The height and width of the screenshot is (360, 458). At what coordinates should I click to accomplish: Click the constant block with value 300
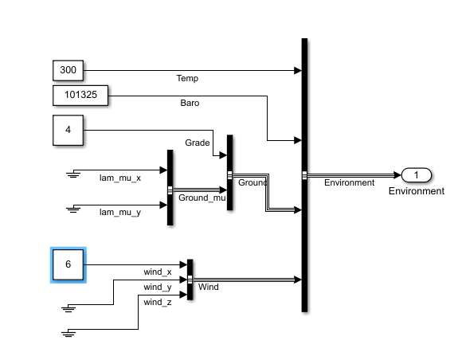[68, 70]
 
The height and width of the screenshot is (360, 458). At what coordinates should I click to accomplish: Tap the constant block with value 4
[68, 131]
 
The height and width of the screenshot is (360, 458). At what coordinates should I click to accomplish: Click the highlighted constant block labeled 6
[68, 265]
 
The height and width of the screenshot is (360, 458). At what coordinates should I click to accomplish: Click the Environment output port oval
[416, 175]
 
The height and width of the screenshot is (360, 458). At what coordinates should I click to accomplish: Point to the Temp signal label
[187, 79]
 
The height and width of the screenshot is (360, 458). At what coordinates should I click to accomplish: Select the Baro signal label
[190, 104]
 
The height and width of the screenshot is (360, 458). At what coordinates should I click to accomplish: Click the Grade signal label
[198, 143]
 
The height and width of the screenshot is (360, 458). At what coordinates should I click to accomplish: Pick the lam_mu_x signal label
[120, 178]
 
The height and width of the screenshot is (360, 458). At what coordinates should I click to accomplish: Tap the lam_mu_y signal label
[120, 213]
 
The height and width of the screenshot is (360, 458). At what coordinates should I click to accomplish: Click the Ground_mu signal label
[202, 197]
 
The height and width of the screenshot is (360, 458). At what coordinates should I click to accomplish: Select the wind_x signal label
[158, 272]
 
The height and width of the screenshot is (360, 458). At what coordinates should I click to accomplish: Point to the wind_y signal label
[158, 287]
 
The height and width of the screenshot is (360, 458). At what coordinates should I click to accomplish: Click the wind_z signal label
[158, 302]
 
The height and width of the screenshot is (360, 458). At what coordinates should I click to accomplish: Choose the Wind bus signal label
[208, 287]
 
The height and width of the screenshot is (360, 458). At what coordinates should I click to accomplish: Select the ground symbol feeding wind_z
[69, 332]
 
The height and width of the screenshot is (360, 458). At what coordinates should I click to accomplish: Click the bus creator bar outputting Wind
[190, 280]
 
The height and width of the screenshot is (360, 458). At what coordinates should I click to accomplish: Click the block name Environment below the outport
[416, 191]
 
